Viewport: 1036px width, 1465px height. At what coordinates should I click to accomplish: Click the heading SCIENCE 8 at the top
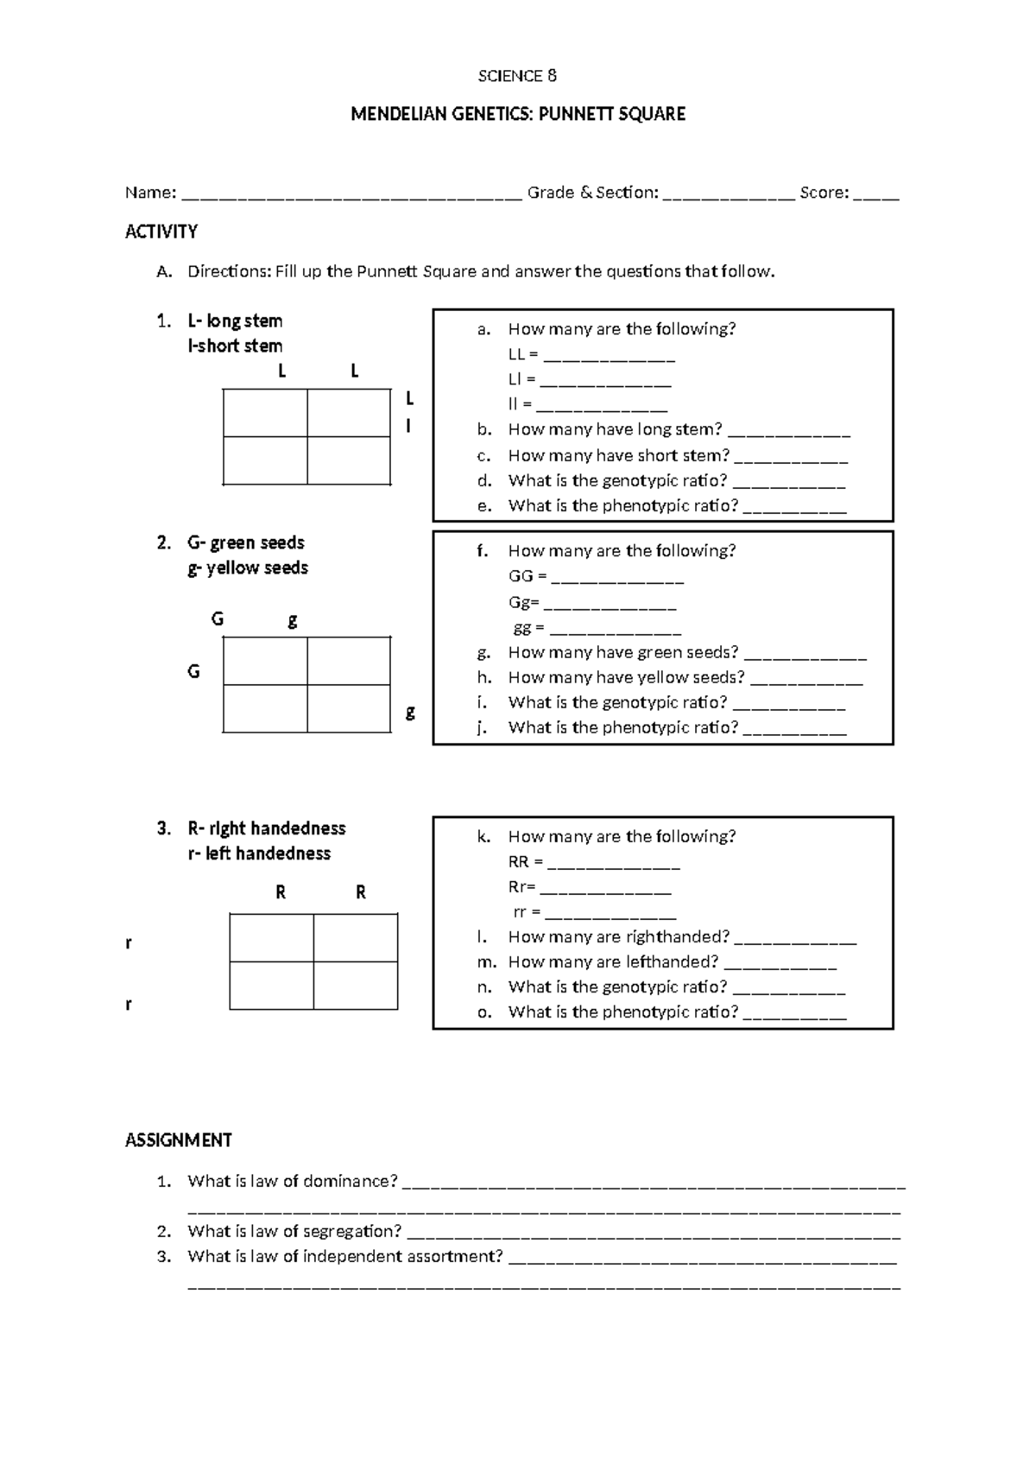517,76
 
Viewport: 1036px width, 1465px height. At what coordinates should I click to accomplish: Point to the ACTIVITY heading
161,231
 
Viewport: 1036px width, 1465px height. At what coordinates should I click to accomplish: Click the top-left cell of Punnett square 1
265,413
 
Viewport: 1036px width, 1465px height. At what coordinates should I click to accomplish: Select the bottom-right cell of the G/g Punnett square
349,708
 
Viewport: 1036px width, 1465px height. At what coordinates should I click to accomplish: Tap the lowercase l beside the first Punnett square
408,426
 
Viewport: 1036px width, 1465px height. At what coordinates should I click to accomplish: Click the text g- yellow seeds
248,568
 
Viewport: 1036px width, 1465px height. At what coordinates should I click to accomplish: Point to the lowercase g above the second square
293,620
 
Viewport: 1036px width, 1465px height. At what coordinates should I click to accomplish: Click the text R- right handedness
266,828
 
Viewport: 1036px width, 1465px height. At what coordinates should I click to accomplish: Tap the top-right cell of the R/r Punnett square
356,938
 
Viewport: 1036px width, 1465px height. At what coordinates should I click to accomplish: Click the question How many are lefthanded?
613,961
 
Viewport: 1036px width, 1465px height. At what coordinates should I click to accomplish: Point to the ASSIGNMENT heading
179,1140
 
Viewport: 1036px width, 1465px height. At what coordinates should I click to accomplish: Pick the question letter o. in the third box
484,1012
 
